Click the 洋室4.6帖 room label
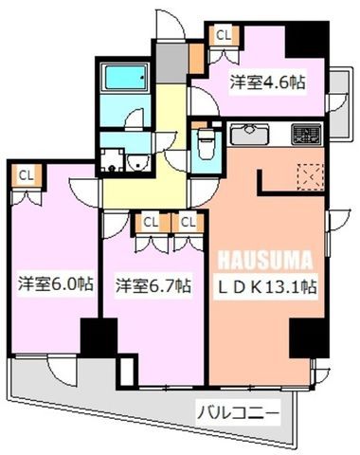[267, 82]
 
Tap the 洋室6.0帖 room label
[56, 284]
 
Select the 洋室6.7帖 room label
[153, 285]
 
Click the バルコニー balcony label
[239, 412]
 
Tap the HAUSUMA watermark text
[265, 260]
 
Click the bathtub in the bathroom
[126, 77]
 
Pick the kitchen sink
[249, 134]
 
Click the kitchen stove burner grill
[306, 134]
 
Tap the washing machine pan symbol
[112, 160]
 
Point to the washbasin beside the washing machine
[137, 163]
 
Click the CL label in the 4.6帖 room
[224, 35]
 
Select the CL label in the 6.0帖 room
[27, 175]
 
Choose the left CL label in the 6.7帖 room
[151, 223]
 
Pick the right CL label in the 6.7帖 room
[189, 223]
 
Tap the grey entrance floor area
[172, 63]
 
